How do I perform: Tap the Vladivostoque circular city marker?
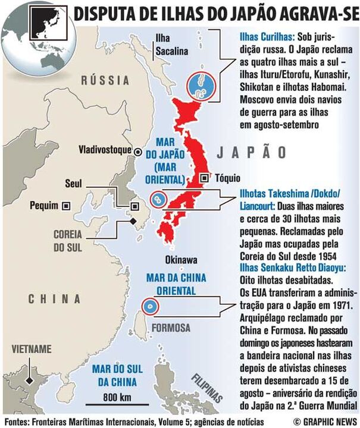point(138,151)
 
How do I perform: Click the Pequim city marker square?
point(66,206)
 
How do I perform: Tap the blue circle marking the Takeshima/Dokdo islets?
point(158,200)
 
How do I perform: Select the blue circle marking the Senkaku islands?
point(150,306)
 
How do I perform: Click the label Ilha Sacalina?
point(171,45)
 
